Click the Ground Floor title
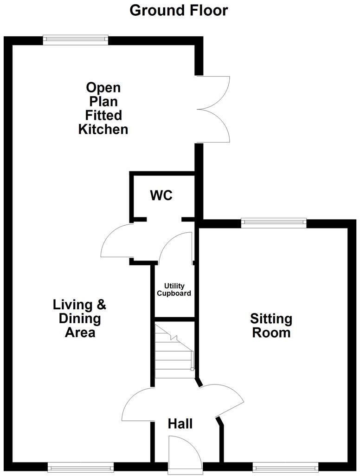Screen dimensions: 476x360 coord(179,10)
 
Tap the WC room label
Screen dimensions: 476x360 coord(161,196)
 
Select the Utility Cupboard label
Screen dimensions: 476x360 coord(174,290)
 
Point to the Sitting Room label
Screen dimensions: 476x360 coord(271,326)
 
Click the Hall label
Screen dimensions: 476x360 coord(180,424)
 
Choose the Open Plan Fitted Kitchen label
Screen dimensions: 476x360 coord(103,108)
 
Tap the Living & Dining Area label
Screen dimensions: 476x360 coord(79,319)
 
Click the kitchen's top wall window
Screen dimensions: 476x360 coord(76,40)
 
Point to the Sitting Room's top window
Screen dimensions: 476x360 coord(274,223)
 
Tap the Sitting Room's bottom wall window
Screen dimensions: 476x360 coord(285,467)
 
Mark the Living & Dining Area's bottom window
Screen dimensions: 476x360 coord(81,467)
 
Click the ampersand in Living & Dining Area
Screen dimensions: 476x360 coord(101,305)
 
